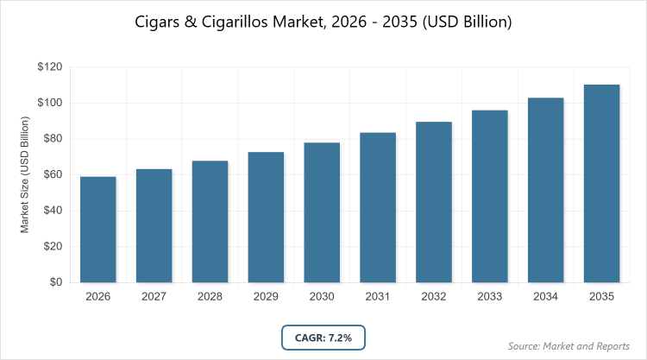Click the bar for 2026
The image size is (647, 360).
pyautogui.click(x=98, y=229)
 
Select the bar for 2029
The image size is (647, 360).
pyautogui.click(x=266, y=217)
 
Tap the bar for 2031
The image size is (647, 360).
pyautogui.click(x=378, y=207)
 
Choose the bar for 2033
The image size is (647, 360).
pyautogui.click(x=490, y=196)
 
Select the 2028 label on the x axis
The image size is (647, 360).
pyautogui.click(x=210, y=297)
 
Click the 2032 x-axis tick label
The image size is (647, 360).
pyautogui.click(x=434, y=297)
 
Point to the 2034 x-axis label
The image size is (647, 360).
pyautogui.click(x=545, y=297)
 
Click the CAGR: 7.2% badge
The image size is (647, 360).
pyautogui.click(x=323, y=336)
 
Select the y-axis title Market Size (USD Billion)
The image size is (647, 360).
pyautogui.click(x=26, y=175)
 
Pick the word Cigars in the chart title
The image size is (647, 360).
pyautogui.click(x=159, y=22)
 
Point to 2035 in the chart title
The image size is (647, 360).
pyautogui.click(x=396, y=22)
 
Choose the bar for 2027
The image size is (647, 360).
pyautogui.click(x=154, y=225)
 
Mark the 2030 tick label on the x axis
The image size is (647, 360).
pyautogui.click(x=322, y=297)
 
